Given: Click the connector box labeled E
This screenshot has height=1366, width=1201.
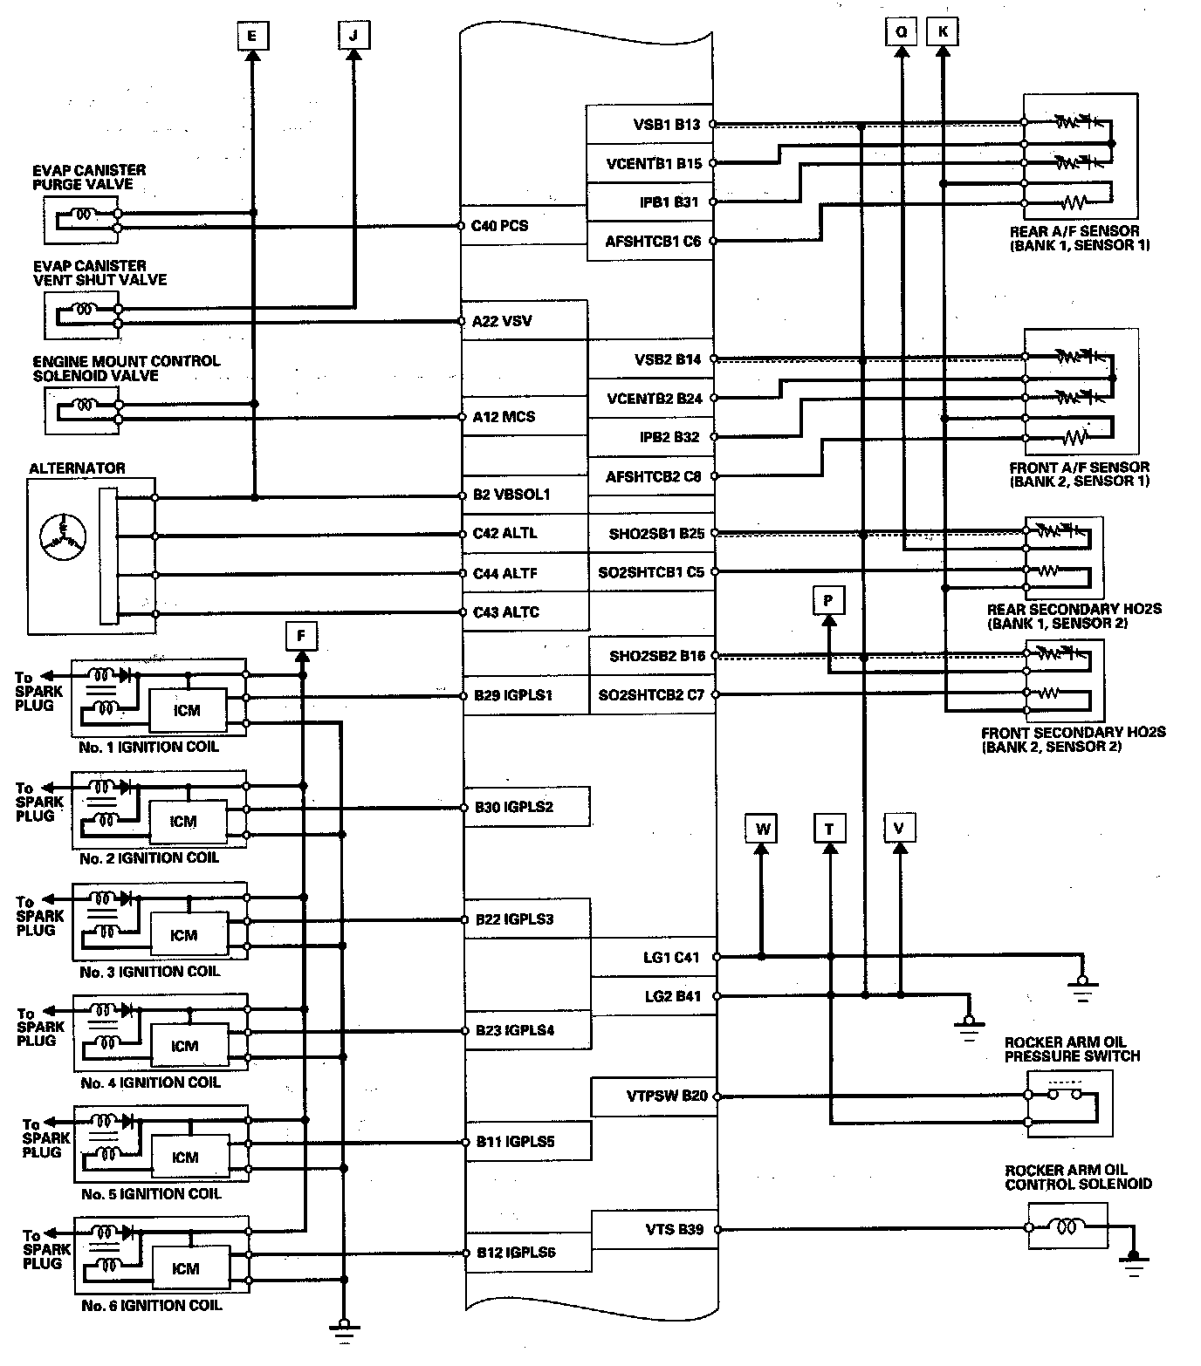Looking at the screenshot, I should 251,35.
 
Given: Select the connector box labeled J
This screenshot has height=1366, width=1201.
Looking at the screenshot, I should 353,35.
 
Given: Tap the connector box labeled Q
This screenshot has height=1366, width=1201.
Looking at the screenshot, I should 901,32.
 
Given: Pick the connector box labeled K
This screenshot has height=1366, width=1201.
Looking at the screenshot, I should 943,32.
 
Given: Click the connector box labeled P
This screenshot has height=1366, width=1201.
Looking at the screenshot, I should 828,600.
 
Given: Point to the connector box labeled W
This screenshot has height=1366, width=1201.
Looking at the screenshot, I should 762,828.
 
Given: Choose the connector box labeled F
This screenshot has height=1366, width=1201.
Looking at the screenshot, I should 301,636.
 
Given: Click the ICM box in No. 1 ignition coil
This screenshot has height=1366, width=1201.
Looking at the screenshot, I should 187,710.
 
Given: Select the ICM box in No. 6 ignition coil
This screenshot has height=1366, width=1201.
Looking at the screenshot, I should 186,1268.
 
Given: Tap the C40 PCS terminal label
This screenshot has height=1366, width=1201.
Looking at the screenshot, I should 500,226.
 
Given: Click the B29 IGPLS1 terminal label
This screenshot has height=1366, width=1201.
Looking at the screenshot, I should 514,696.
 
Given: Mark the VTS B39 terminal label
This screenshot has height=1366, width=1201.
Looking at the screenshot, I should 672,1229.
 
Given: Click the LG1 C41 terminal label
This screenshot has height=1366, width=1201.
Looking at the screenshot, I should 670,957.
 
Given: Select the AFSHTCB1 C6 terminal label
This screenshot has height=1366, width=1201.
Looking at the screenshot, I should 653,242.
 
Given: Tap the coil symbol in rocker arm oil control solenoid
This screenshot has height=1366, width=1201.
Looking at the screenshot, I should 1067,1227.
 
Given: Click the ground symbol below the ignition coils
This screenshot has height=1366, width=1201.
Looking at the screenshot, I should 344,1330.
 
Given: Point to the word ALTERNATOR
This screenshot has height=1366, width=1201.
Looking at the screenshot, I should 77,468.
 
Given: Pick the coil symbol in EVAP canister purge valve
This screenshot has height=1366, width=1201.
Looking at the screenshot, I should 85,213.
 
